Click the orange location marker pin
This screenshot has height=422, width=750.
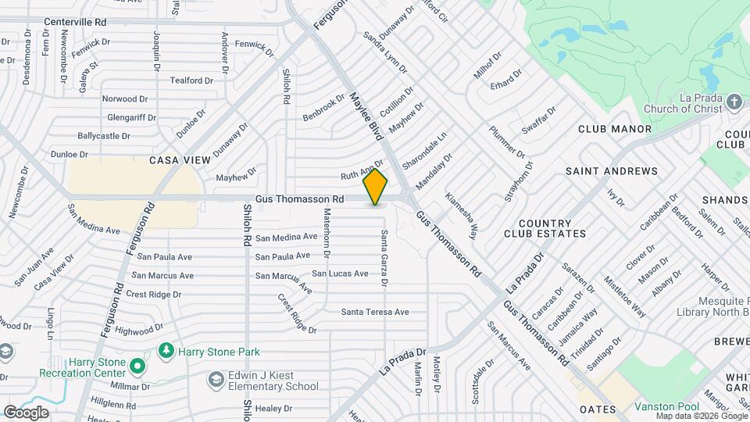[376, 187]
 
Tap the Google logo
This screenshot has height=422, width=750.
[26, 412]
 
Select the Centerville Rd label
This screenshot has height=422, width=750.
[75, 22]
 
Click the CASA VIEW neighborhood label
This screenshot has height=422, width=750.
[180, 160]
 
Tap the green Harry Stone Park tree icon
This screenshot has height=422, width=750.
[166, 351]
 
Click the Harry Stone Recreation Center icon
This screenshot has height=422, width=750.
[137, 366]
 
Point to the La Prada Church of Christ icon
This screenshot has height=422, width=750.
[734, 102]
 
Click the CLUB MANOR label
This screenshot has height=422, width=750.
[615, 129]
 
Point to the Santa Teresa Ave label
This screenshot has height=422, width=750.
[375, 312]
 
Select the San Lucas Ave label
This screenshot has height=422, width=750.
[340, 274]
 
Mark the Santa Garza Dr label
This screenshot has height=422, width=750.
[384, 257]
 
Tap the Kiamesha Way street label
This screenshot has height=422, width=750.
[462, 215]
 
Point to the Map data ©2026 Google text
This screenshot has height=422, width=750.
[698, 416]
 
